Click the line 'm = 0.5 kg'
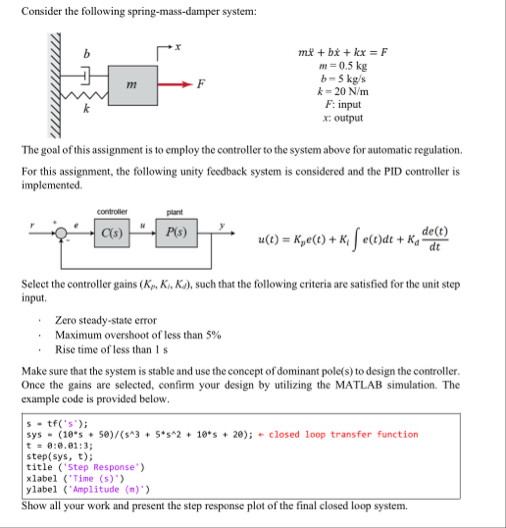[x=343, y=63]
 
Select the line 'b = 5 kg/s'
[x=343, y=76]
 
